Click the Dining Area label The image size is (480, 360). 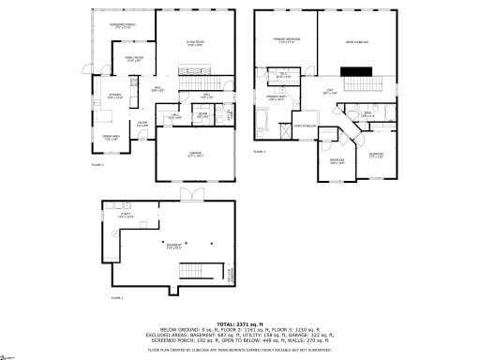[110, 138]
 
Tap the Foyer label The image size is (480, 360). [142, 123]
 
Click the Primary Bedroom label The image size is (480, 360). [285, 40]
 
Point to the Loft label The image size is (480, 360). [329, 92]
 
